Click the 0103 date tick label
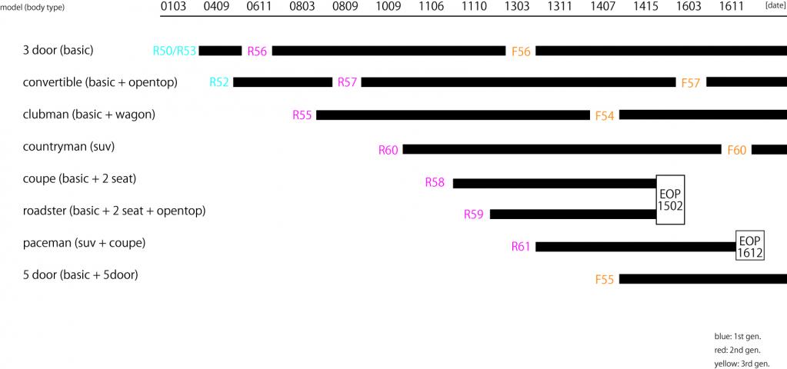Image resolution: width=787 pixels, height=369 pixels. click(173, 7)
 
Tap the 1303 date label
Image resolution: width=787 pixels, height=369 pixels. click(517, 7)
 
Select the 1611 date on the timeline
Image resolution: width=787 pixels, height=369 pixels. click(732, 7)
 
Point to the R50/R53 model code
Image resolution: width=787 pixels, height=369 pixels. click(175, 52)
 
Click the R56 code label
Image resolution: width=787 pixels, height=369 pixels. click(257, 52)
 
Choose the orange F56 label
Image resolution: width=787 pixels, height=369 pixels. click(521, 52)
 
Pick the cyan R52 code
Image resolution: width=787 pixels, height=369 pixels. click(219, 82)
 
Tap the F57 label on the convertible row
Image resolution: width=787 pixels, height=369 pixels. click(691, 82)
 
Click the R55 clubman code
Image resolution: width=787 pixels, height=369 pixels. click(302, 115)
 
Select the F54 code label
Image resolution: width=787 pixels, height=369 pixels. click(605, 115)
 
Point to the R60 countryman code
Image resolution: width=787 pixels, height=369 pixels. click(388, 150)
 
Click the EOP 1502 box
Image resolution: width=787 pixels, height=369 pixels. click(670, 199)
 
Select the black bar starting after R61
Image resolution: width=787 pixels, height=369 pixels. click(635, 247)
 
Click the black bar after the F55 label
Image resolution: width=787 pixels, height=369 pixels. click(702, 279)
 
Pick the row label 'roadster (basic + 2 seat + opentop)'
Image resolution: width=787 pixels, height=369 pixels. click(114, 210)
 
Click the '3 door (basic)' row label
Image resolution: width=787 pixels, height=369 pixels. click(58, 51)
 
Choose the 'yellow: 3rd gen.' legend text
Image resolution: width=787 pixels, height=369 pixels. click(742, 364)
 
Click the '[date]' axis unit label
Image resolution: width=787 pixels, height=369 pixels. click(775, 5)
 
